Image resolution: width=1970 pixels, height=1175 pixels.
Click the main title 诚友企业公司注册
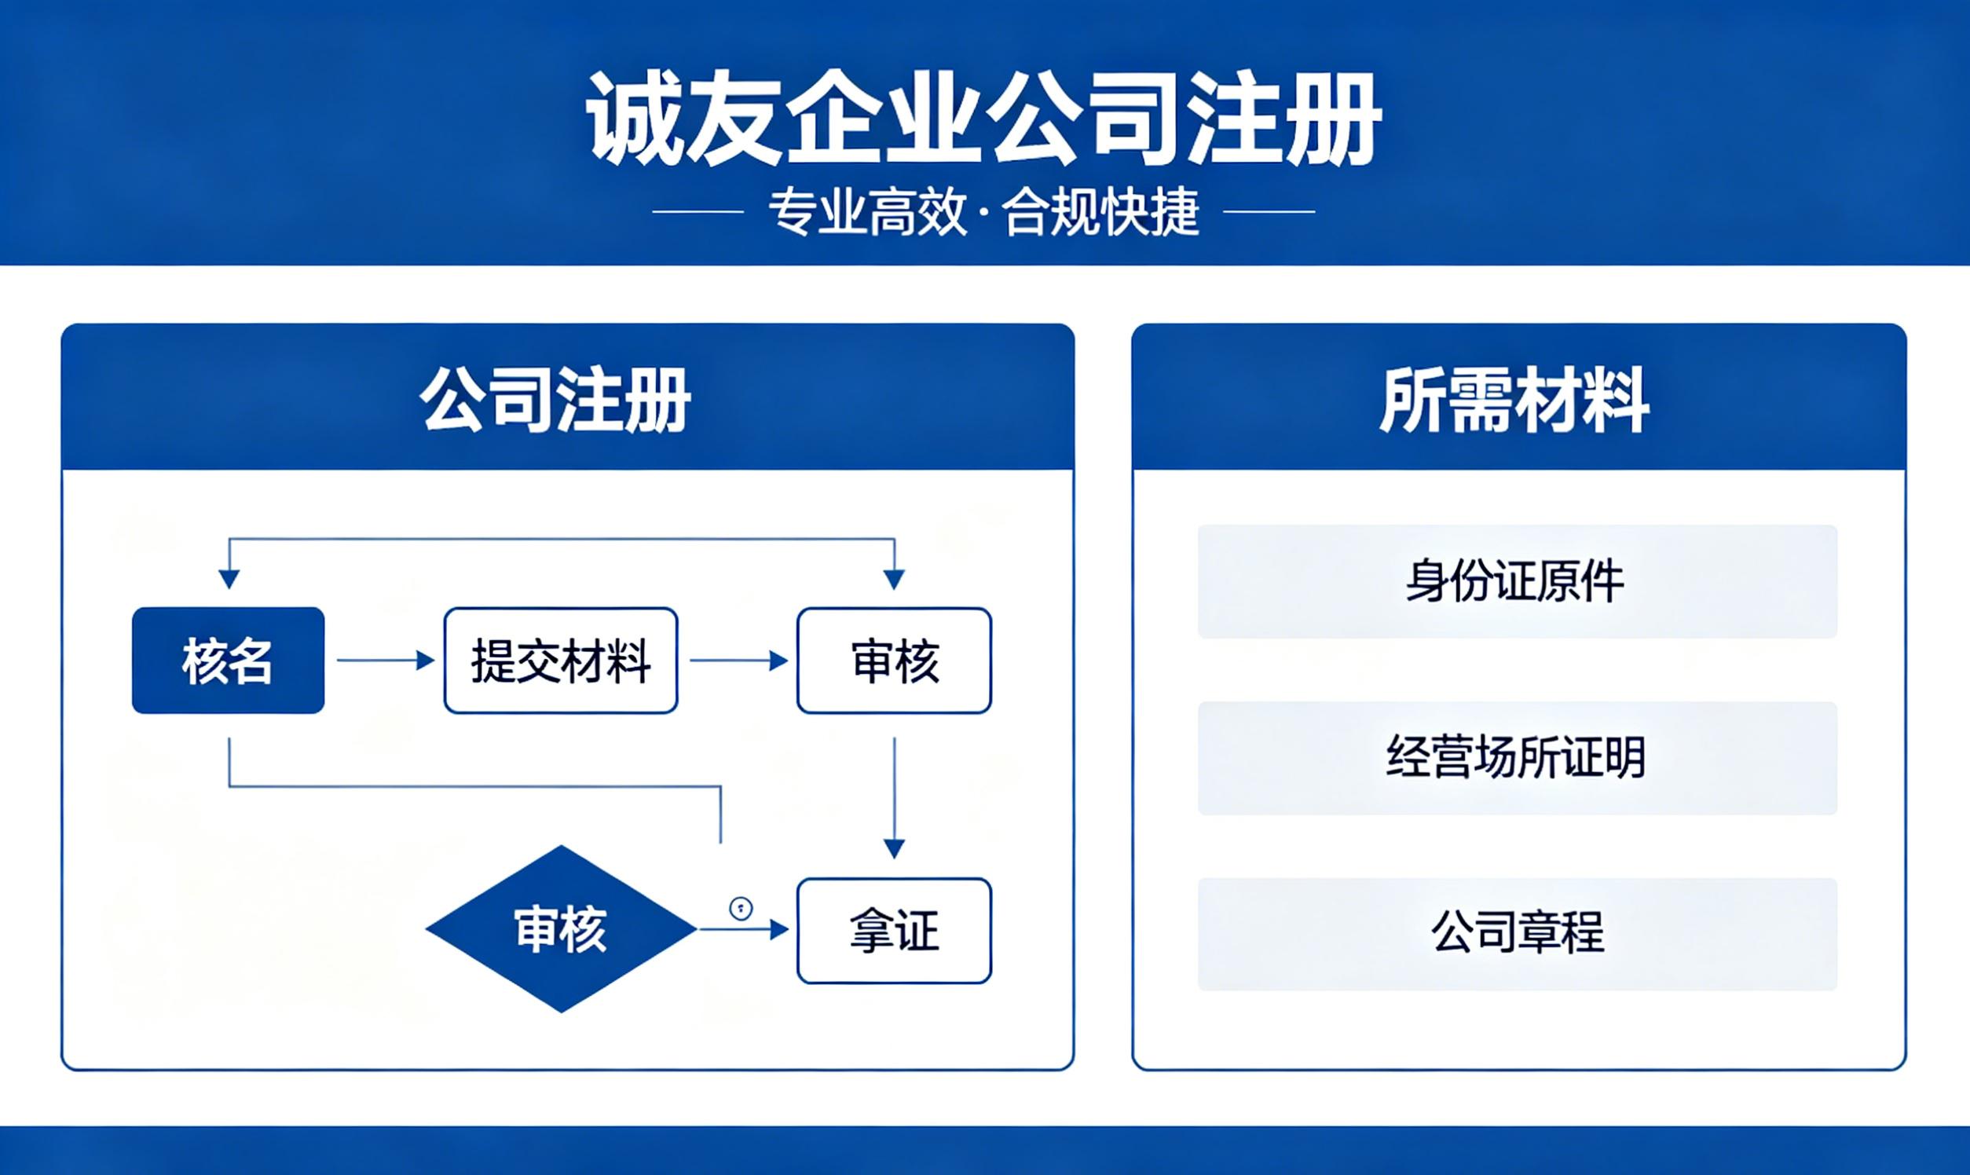[984, 119]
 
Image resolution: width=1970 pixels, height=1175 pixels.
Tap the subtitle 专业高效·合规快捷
[984, 212]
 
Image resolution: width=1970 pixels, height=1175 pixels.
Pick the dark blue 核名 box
[228, 661]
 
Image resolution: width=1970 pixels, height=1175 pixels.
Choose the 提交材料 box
[561, 661]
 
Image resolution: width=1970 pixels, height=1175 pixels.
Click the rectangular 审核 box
[894, 661]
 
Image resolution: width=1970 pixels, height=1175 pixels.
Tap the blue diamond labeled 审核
[562, 928]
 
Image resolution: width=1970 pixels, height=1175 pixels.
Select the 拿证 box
[894, 931]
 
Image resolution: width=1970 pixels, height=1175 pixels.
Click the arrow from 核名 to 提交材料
[386, 661]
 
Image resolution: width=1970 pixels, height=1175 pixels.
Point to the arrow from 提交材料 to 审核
[738, 661]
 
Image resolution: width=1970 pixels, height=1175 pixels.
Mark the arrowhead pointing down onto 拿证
[894, 849]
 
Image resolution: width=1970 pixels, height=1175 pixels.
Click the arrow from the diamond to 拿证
[745, 929]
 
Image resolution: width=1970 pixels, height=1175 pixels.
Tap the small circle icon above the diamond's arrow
[741, 908]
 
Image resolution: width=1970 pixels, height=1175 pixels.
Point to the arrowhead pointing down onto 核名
[229, 580]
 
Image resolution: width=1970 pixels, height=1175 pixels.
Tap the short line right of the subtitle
[1269, 212]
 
